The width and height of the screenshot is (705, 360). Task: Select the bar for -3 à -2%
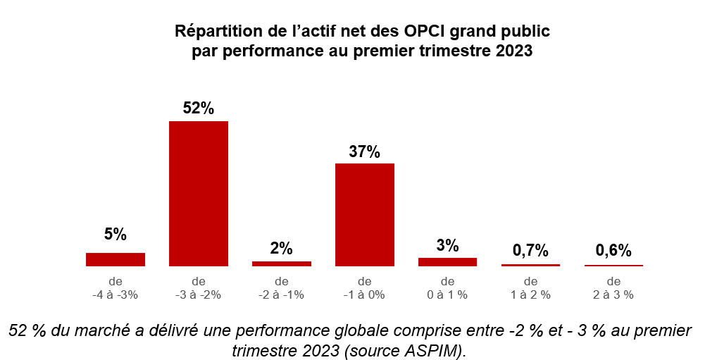click(198, 194)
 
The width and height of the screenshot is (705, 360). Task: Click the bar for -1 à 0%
click(364, 215)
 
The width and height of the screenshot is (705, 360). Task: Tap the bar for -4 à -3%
click(116, 259)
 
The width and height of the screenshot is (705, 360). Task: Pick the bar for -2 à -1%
click(281, 263)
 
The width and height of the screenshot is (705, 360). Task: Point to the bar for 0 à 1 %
click(447, 262)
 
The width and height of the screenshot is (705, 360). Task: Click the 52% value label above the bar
click(198, 108)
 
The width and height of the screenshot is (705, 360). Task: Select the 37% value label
click(364, 151)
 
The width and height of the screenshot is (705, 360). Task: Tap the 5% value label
click(116, 235)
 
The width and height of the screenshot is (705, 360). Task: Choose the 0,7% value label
click(530, 250)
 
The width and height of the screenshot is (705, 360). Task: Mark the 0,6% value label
click(613, 250)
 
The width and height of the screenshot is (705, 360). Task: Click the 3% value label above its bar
click(447, 246)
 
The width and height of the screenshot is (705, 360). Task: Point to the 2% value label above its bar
click(281, 249)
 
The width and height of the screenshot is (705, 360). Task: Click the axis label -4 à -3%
click(116, 294)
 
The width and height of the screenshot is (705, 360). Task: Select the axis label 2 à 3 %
click(613, 294)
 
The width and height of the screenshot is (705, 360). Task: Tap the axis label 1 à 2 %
click(530, 294)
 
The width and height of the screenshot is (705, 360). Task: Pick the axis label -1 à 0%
click(364, 294)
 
